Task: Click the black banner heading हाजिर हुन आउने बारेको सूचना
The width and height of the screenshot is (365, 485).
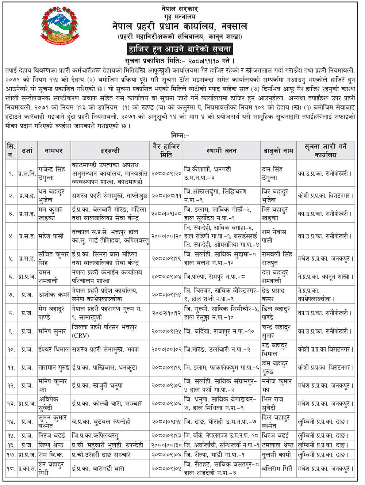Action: [180, 49]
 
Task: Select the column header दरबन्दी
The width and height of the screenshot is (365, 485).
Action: [110, 150]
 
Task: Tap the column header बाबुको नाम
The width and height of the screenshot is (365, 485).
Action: [278, 150]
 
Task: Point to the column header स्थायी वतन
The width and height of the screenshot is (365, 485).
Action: [221, 150]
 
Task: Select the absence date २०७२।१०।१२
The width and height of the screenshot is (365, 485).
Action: [166, 313]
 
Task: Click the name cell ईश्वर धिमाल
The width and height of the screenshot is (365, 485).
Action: [54, 350]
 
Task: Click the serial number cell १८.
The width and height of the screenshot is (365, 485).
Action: [11, 469]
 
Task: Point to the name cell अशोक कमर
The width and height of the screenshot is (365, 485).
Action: [54, 295]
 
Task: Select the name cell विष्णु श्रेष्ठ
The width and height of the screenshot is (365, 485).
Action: [51, 445]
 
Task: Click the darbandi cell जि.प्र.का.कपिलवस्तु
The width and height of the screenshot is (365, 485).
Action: [95, 435]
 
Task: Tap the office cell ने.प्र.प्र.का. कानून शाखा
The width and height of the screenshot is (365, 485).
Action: [325, 277]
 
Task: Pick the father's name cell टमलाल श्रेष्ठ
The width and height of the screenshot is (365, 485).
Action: [278, 445]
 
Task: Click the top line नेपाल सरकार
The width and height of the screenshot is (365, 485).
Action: [180, 8]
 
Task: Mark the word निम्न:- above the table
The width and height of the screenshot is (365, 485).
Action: [180, 135]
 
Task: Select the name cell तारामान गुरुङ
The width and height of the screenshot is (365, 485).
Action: [54, 368]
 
